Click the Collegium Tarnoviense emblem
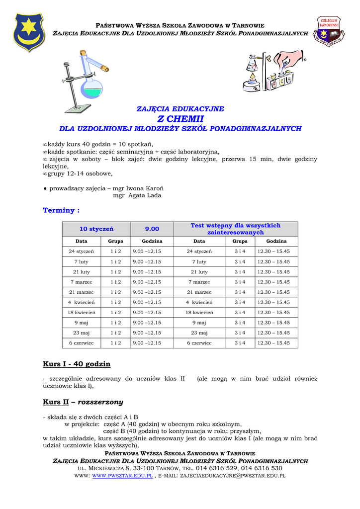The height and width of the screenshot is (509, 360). click(x=329, y=31)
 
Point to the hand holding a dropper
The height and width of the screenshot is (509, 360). click(x=291, y=59)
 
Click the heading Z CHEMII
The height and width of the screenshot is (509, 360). click(x=180, y=119)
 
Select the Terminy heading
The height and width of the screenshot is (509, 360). click(x=61, y=210)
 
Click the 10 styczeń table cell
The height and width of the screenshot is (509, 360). click(x=96, y=229)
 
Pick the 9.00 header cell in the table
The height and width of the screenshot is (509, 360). click(x=152, y=229)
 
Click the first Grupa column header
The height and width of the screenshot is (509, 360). click(x=115, y=241)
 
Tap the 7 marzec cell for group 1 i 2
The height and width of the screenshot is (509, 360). click(x=82, y=282)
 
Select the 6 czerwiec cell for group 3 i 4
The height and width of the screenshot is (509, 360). click(x=199, y=343)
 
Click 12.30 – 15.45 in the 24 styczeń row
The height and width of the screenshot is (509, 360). click(x=273, y=252)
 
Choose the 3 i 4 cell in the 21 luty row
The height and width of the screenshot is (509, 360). click(x=240, y=272)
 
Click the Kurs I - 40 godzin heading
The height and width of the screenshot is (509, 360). click(x=77, y=364)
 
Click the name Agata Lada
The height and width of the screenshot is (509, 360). click(x=145, y=195)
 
